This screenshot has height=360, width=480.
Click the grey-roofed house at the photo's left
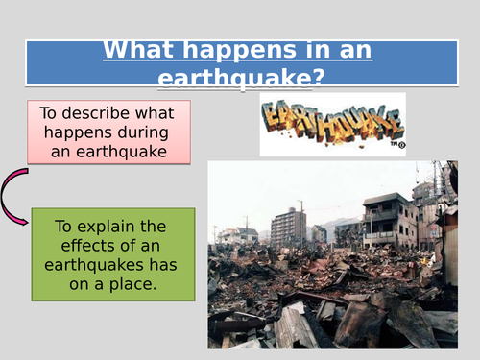pos(231,234)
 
